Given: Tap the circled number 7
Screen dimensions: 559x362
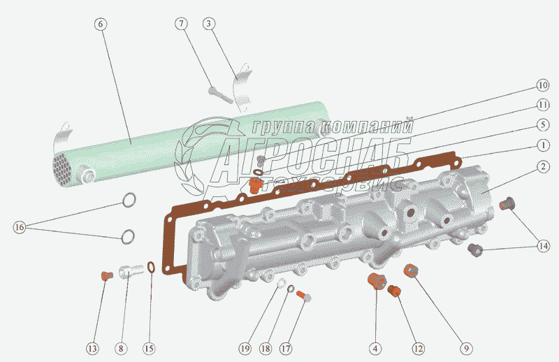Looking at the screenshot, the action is tap(182, 24).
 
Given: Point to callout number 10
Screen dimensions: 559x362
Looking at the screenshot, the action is tap(542, 85).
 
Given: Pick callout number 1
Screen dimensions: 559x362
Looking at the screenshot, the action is tap(542, 146).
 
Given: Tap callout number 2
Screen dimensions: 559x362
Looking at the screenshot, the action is tap(542, 166).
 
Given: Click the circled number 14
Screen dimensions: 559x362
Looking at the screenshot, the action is tap(543, 245).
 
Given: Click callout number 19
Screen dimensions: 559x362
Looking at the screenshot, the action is tap(245, 347).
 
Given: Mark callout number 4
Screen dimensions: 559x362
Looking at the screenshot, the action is tap(375, 347).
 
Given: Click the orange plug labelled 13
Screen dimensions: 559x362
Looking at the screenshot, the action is tap(106, 275).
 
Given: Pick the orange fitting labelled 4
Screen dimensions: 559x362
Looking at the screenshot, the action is tap(377, 282).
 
